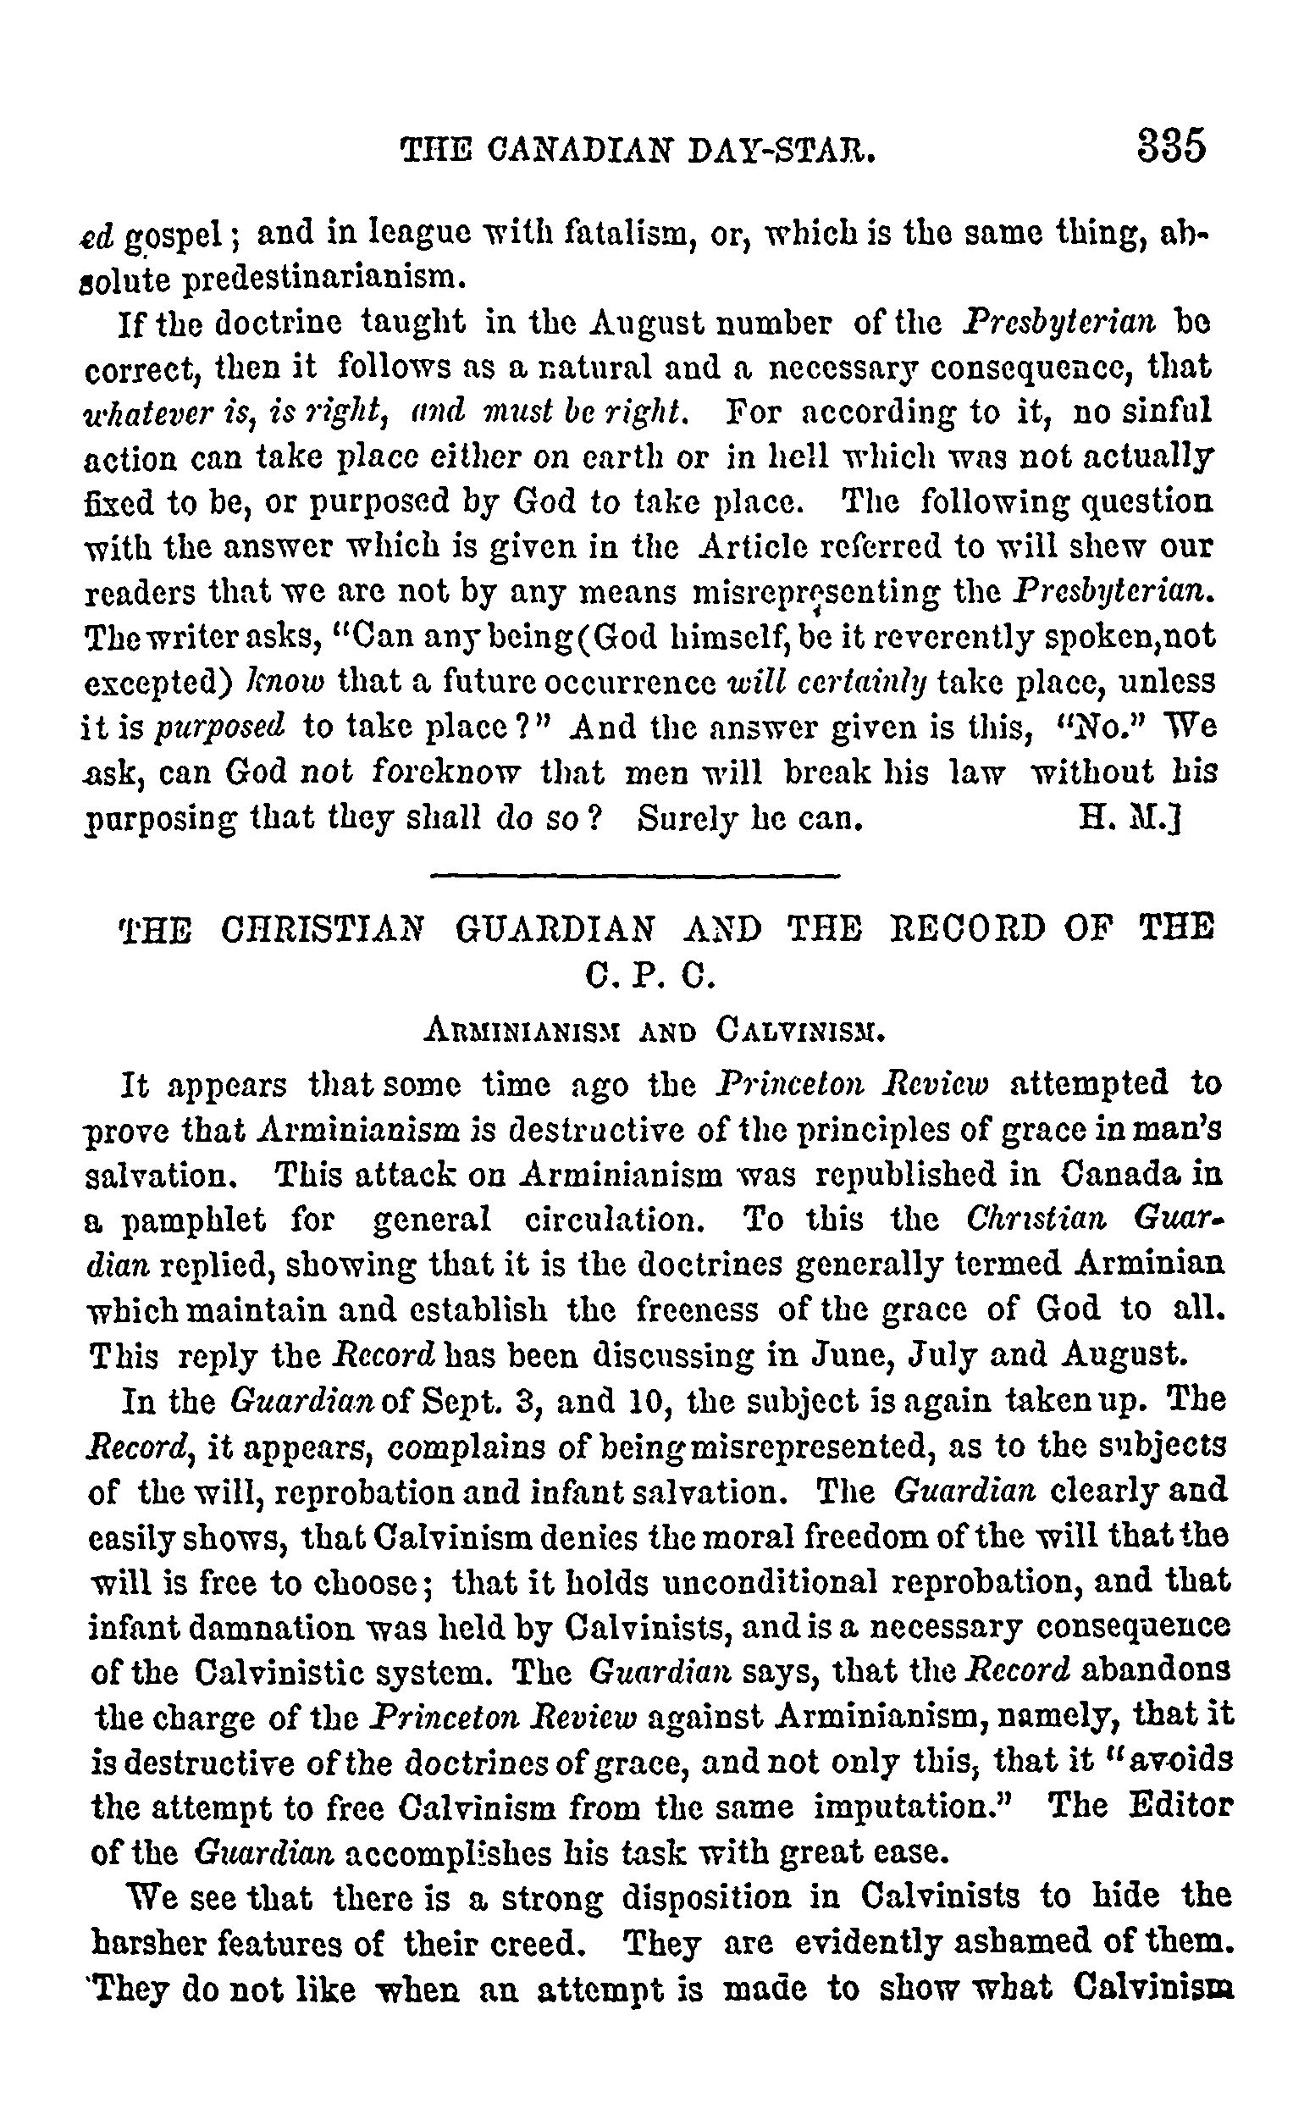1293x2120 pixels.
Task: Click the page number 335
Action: (1171, 146)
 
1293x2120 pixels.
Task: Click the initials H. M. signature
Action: (1128, 818)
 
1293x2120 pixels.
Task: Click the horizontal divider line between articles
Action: (633, 877)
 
